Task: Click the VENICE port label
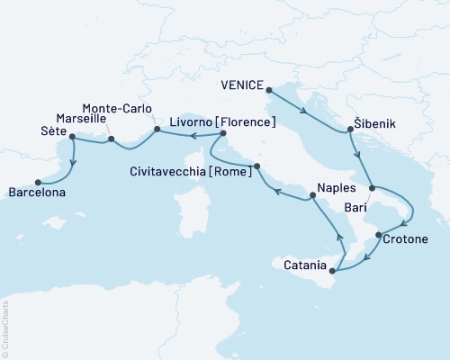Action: click(242, 86)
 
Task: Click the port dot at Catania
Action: click(333, 270)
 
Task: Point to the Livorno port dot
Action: click(221, 134)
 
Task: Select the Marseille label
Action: click(82, 118)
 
